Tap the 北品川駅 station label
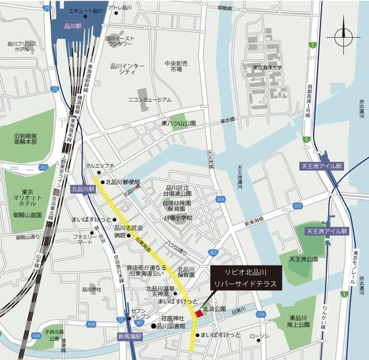82,188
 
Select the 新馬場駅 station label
130,336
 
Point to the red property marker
199,312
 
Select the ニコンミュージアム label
149,99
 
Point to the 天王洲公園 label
304,259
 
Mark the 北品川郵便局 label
123,182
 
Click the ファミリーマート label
82,239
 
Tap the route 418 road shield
91,325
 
